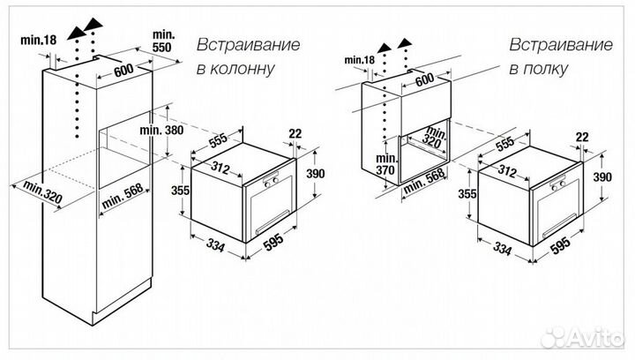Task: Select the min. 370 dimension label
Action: tap(385, 169)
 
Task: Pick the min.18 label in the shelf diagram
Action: tap(359, 59)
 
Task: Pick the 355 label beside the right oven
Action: tap(468, 194)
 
